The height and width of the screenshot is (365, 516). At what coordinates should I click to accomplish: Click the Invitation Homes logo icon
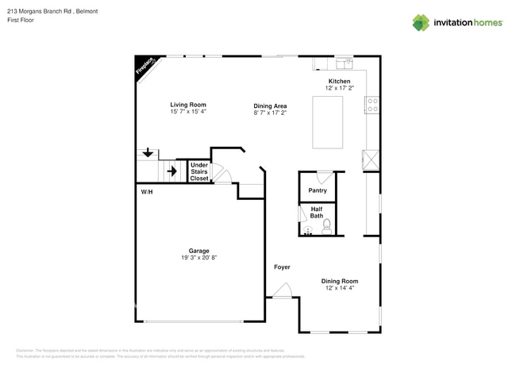[x=421, y=22]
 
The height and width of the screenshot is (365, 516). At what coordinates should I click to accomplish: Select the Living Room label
[x=188, y=105]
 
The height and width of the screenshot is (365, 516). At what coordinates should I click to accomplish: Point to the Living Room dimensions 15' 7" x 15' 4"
[x=188, y=112]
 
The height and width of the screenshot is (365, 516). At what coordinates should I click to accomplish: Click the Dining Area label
[x=270, y=106]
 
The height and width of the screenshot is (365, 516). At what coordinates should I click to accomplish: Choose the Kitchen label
[x=340, y=82]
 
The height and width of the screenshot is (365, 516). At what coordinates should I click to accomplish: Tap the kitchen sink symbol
[x=343, y=61]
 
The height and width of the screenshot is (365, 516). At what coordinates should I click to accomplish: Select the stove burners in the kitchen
[x=372, y=106]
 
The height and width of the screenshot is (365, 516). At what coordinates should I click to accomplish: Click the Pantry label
[x=318, y=190]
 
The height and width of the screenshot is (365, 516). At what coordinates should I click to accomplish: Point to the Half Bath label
[x=317, y=213]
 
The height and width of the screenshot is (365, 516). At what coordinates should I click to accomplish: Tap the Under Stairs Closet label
[x=199, y=172]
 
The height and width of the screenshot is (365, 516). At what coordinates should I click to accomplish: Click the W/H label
[x=147, y=193]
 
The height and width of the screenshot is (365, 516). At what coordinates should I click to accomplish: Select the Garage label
[x=198, y=251]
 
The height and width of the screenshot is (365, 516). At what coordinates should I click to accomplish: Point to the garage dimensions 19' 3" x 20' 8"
[x=198, y=258]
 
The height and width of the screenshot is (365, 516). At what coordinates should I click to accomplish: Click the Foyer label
[x=282, y=267]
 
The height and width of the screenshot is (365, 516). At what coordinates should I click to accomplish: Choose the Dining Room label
[x=340, y=280]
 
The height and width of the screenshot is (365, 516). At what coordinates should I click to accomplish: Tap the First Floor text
[x=19, y=20]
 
